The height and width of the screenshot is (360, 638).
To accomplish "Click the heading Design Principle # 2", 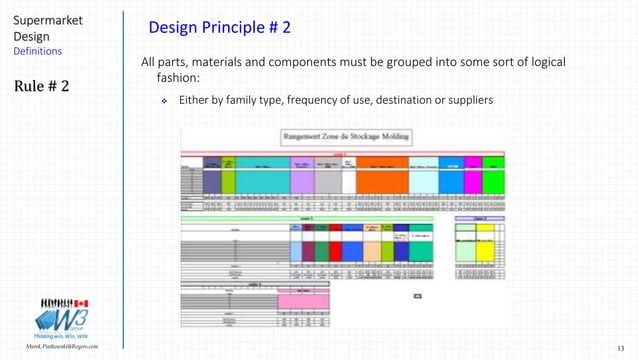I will (220, 26).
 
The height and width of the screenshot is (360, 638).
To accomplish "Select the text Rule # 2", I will (41, 86).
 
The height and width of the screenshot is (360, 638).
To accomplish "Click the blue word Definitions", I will (37, 51).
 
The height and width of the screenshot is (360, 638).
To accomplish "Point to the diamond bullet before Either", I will (165, 102).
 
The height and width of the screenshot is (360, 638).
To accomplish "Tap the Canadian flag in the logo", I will (83, 303).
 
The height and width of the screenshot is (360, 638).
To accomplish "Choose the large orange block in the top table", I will (382, 181).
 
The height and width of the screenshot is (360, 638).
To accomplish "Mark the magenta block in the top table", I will (473, 181).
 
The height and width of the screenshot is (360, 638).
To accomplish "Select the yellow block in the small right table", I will (485, 244).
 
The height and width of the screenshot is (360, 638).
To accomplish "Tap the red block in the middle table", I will (322, 250).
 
